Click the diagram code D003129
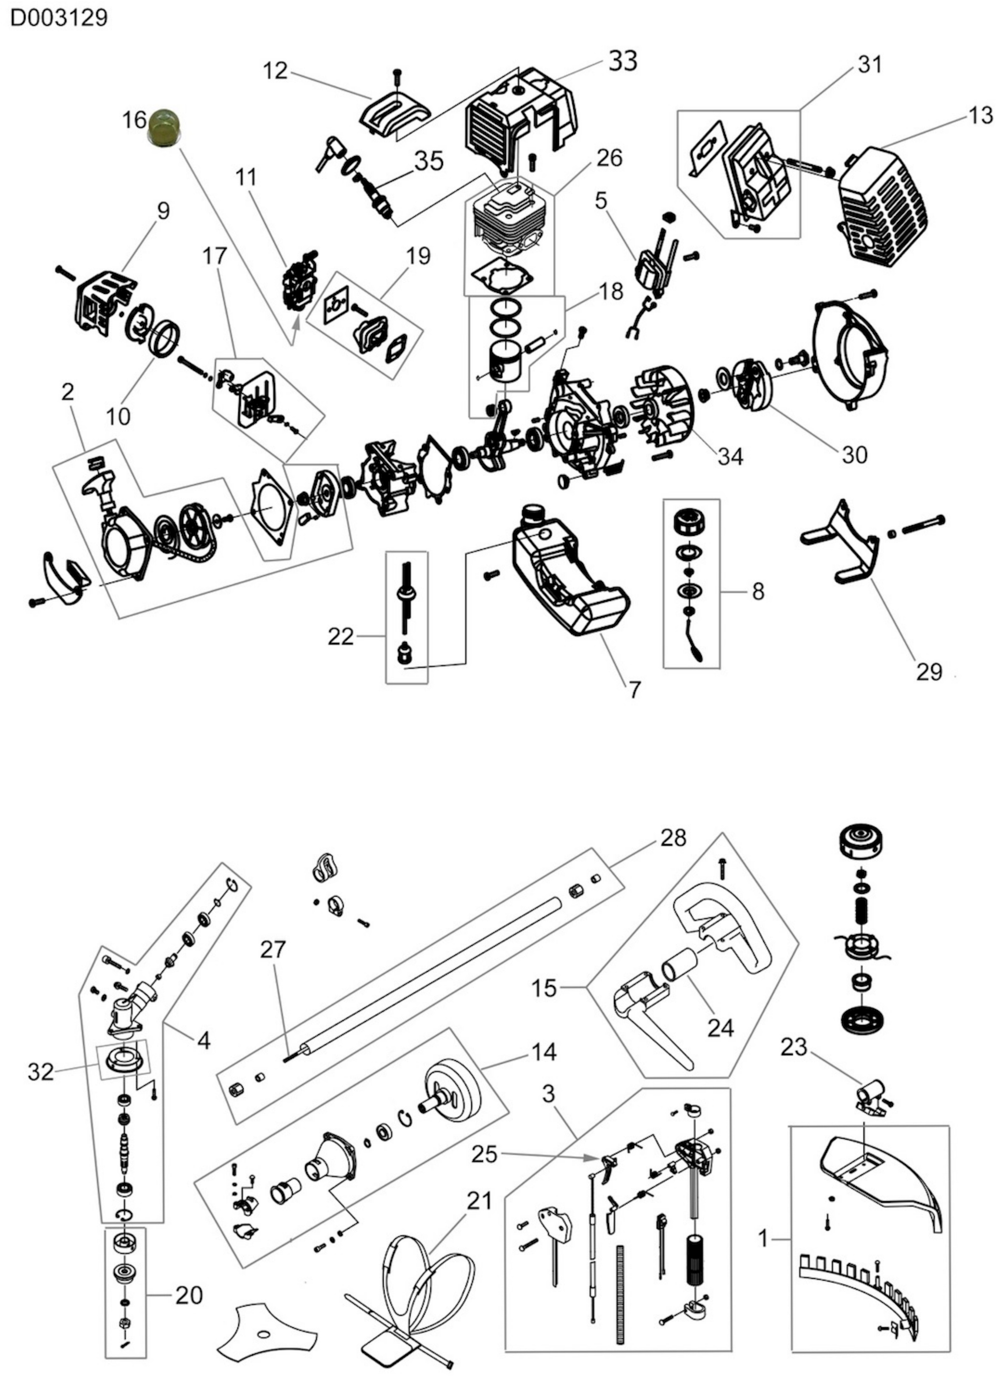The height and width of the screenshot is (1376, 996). click(x=59, y=18)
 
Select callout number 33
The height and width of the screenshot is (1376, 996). click(x=622, y=61)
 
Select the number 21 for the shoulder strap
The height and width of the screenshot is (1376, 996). click(x=479, y=1200)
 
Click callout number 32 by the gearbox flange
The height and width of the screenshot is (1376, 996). click(x=41, y=1072)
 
